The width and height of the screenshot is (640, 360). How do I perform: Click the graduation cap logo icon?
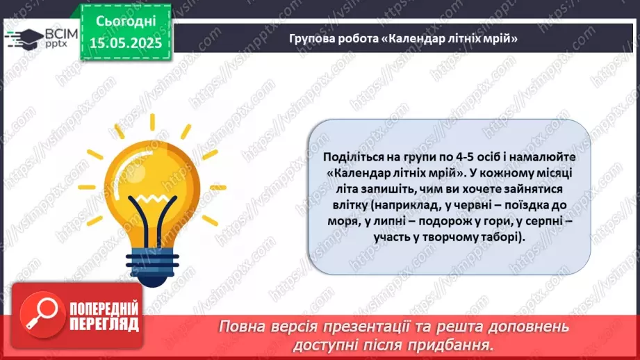[26, 37]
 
